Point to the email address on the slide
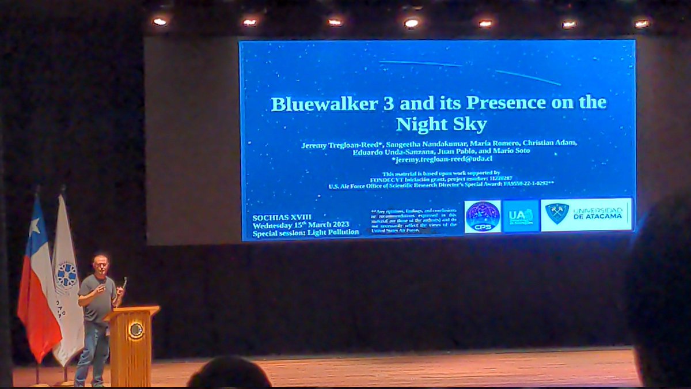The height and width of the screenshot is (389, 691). click(438, 158)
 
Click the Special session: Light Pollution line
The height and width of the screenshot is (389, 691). click(305, 232)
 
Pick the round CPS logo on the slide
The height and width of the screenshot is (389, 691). click(483, 216)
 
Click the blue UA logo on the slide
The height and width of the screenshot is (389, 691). click(521, 216)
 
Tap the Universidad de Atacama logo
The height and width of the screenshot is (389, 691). click(586, 214)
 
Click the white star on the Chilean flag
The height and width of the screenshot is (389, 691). click(35, 226)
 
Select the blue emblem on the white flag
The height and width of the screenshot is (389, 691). click(66, 275)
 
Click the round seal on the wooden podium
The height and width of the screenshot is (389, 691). click(136, 330)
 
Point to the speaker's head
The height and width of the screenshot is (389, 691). click(100, 265)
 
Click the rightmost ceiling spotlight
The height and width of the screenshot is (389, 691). click(641, 24)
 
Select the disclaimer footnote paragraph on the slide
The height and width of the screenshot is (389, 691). click(415, 221)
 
